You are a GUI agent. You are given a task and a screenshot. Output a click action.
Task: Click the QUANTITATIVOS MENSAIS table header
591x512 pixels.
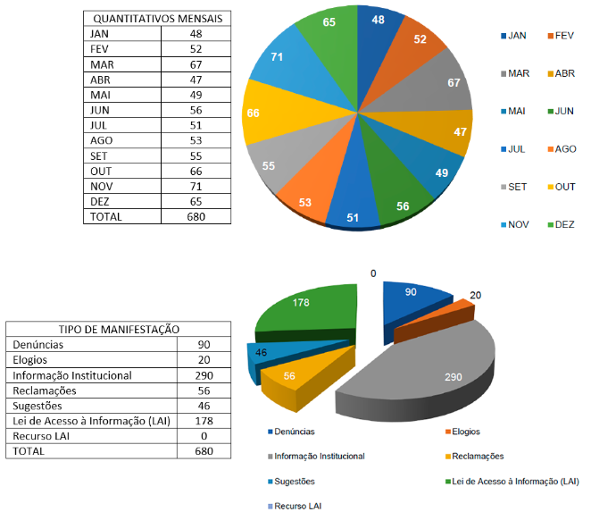coord(158,18)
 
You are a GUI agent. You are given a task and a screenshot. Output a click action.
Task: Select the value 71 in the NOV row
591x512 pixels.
coord(196,187)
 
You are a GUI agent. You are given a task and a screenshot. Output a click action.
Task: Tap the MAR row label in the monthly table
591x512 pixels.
coord(102,63)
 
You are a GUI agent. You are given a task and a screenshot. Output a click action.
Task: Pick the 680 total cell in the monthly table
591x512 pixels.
coord(196,216)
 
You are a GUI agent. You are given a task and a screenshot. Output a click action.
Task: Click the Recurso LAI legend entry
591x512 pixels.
coord(298,506)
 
